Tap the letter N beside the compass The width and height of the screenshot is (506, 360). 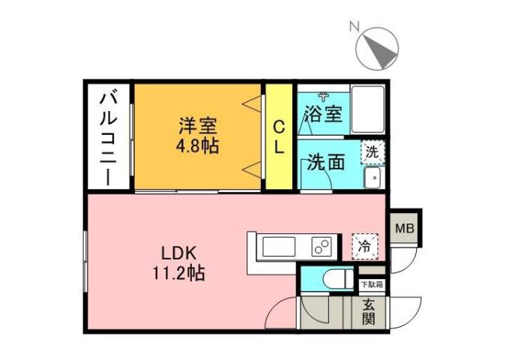(x=353, y=26)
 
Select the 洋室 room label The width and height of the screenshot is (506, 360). (x=198, y=124)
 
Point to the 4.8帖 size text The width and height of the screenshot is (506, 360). (x=198, y=145)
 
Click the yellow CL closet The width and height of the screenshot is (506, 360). (x=279, y=136)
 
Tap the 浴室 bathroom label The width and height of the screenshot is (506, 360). (x=324, y=114)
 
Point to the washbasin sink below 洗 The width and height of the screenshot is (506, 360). (x=372, y=178)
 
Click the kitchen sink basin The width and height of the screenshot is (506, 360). (x=280, y=245)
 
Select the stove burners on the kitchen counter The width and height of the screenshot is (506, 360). (x=323, y=245)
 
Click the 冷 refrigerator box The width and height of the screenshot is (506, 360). (x=365, y=245)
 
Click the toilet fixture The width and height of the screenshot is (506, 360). (x=333, y=279)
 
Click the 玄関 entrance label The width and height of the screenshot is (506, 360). (x=369, y=312)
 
